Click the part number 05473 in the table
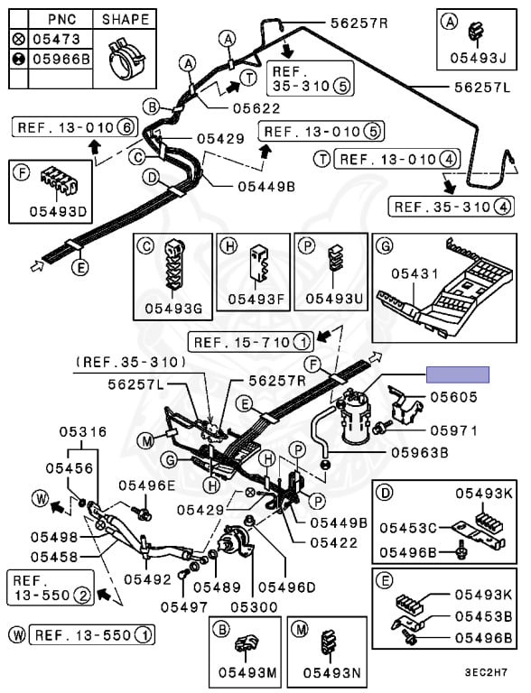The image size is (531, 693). pos(56,40)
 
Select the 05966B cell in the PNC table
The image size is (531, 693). pos(61,59)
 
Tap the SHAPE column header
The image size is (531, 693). pos(126,20)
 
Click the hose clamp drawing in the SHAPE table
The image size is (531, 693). pos(126,59)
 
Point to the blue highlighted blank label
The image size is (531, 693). pos(458,374)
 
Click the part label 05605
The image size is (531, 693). pos(453,397)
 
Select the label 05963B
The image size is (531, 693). pos(420,453)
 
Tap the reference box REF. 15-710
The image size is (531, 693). pos(251,342)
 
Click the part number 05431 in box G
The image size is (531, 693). pos(415,274)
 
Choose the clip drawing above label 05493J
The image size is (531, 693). pos(476,33)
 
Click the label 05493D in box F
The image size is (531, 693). pos(58,212)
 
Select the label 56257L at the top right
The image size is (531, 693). pos(482,87)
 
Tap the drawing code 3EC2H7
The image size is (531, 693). pos(486,672)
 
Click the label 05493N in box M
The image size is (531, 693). pos(331,672)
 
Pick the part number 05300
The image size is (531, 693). pos(254,607)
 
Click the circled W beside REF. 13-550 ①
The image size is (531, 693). pos(18,635)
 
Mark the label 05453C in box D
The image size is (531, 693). pos(408,528)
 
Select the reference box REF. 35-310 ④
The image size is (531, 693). pos(451,207)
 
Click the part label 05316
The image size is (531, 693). pos(83,431)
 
